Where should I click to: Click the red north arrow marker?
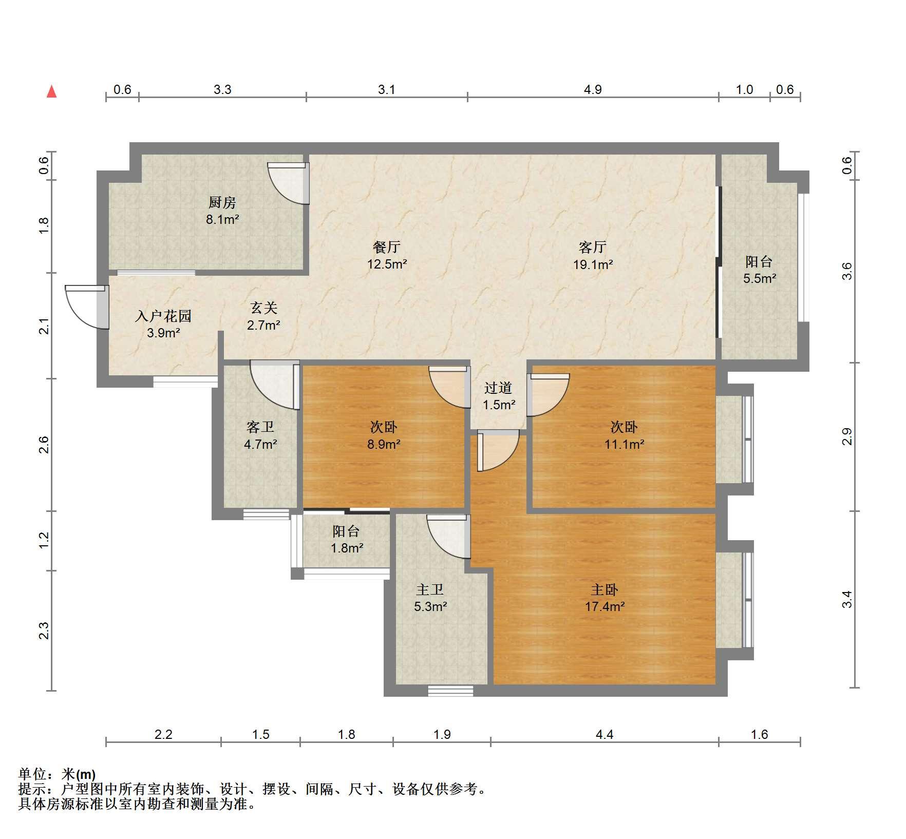pyautogui.click(x=51, y=91)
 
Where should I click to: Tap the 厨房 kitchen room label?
pyautogui.click(x=222, y=202)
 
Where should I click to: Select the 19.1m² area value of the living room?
pyautogui.click(x=593, y=264)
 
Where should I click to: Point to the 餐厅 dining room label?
pyautogui.click(x=387, y=247)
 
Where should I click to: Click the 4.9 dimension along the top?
pyautogui.click(x=593, y=89)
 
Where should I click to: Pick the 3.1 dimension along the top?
pyautogui.click(x=387, y=89)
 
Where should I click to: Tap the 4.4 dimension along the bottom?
pyautogui.click(x=605, y=735)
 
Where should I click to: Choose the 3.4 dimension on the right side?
pyautogui.click(x=847, y=599)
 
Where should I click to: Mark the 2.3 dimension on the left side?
pyautogui.click(x=44, y=631)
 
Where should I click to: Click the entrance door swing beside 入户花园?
pyautogui.click(x=86, y=307)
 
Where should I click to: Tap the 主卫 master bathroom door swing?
pyautogui.click(x=448, y=537)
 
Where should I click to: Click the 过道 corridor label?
pyautogui.click(x=498, y=388)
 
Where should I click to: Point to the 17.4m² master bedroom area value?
pyautogui.click(x=605, y=606)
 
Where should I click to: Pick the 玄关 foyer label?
pyautogui.click(x=263, y=308)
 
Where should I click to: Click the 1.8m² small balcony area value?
pyautogui.click(x=347, y=548)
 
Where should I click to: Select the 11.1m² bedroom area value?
pyautogui.click(x=624, y=444)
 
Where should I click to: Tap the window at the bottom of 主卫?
pyautogui.click(x=450, y=691)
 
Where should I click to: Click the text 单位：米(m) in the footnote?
pyautogui.click(x=56, y=774)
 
